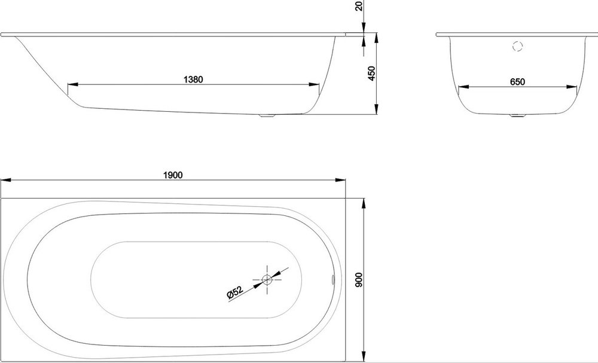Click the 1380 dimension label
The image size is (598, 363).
(x=193, y=80)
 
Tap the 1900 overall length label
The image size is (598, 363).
(x=173, y=175)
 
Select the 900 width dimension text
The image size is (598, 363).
(x=359, y=280)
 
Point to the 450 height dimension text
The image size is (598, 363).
(x=371, y=74)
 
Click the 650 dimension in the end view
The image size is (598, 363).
(x=517, y=81)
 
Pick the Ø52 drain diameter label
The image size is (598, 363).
(x=235, y=292)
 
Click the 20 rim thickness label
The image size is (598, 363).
(x=359, y=6)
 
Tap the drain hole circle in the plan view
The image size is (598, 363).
(x=267, y=280)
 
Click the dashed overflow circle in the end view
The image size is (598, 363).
(x=517, y=47)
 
